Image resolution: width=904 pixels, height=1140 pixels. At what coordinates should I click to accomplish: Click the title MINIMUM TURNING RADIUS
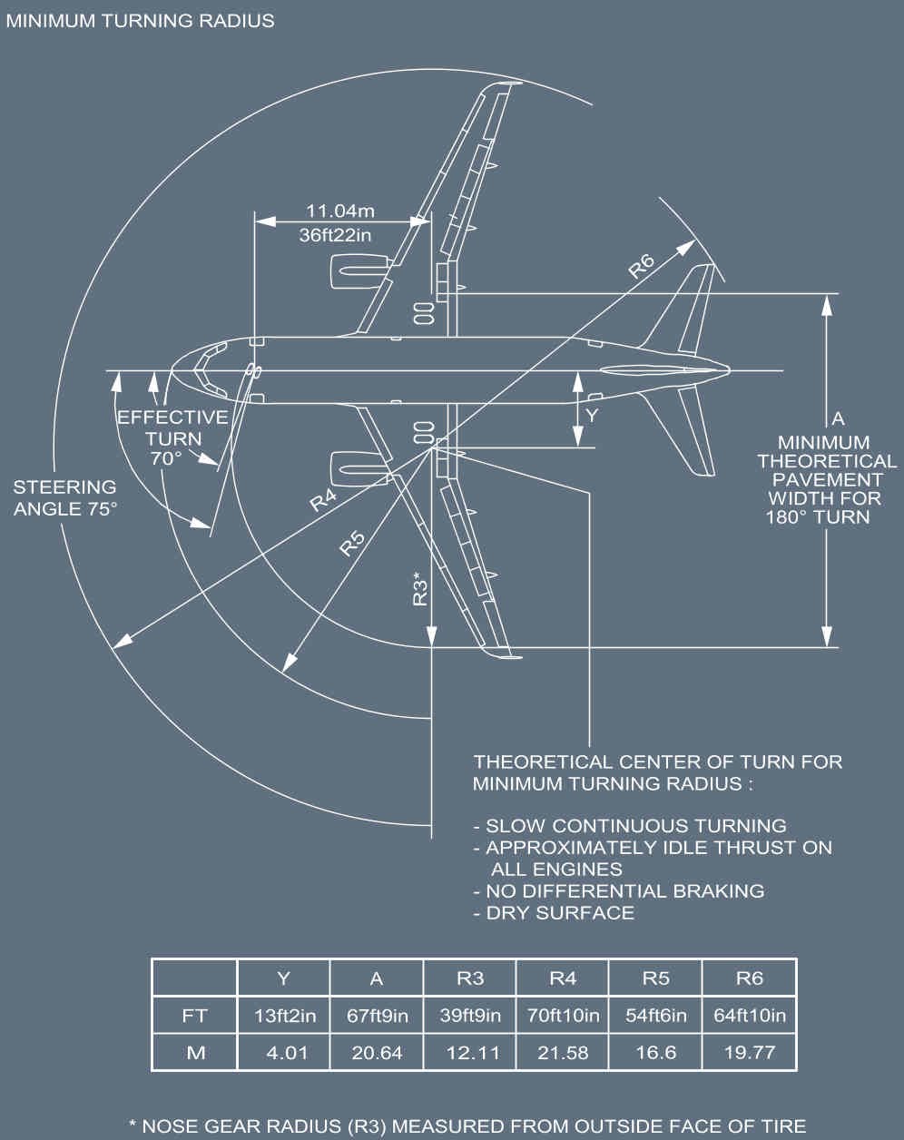(x=141, y=20)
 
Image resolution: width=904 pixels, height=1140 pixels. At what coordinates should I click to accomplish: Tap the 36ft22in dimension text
(x=338, y=234)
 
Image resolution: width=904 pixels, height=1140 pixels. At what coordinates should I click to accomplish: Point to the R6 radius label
(x=641, y=266)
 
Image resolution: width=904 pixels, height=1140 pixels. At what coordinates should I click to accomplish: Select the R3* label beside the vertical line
(x=420, y=589)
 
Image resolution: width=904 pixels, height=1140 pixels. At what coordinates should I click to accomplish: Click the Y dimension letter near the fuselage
(x=592, y=415)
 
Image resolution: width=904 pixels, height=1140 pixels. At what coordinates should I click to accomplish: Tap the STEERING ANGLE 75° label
(x=65, y=498)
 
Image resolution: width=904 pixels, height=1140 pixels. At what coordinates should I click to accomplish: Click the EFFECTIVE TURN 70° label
(x=172, y=437)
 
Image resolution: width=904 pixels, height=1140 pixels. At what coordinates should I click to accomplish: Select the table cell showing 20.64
(x=377, y=1053)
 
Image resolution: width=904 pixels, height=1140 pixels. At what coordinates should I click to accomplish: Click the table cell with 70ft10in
(x=563, y=1016)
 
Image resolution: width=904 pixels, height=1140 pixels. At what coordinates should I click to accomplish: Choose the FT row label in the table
(x=194, y=1016)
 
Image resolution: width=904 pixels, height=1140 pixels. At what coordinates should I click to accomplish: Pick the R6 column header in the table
(x=749, y=978)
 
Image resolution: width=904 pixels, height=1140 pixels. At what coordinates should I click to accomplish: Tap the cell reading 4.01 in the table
(x=283, y=1053)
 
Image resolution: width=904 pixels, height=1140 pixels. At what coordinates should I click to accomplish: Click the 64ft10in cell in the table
(x=749, y=1016)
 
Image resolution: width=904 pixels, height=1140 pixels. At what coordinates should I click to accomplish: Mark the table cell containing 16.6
(x=655, y=1053)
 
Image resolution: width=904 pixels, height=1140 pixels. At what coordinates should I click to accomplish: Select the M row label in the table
(x=194, y=1053)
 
